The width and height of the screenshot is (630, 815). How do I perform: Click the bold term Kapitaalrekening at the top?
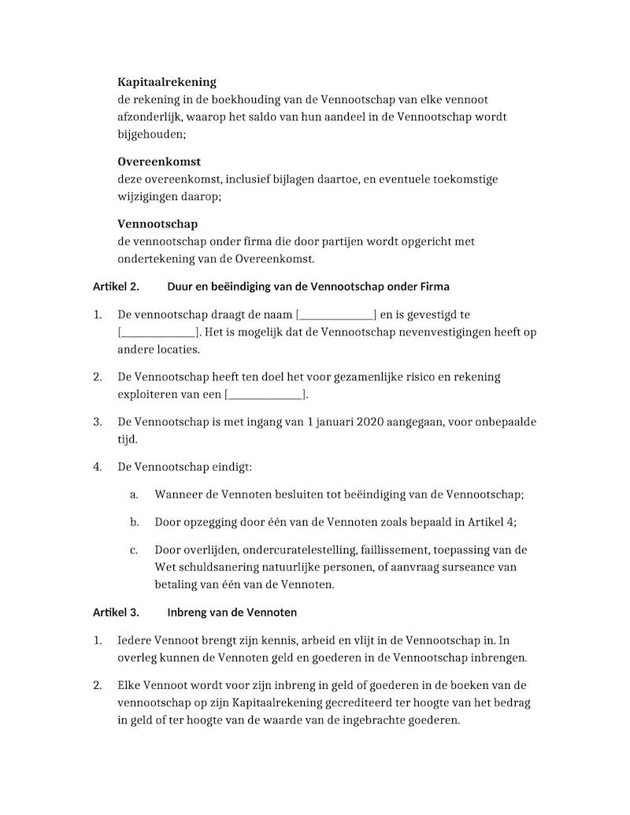tap(167, 82)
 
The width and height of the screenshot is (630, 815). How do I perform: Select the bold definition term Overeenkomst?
tap(159, 162)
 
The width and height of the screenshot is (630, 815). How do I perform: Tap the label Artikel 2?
tap(116, 287)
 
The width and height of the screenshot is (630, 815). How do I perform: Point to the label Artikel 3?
tap(116, 612)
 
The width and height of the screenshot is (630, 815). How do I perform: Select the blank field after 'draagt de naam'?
tap(336, 315)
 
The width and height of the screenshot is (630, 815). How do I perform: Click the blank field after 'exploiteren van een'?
tap(265, 395)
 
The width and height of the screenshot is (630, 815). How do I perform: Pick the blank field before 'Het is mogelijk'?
tap(157, 332)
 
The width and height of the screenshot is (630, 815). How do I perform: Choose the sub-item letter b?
tap(135, 522)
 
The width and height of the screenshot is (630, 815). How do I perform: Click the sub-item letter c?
tap(135, 550)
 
